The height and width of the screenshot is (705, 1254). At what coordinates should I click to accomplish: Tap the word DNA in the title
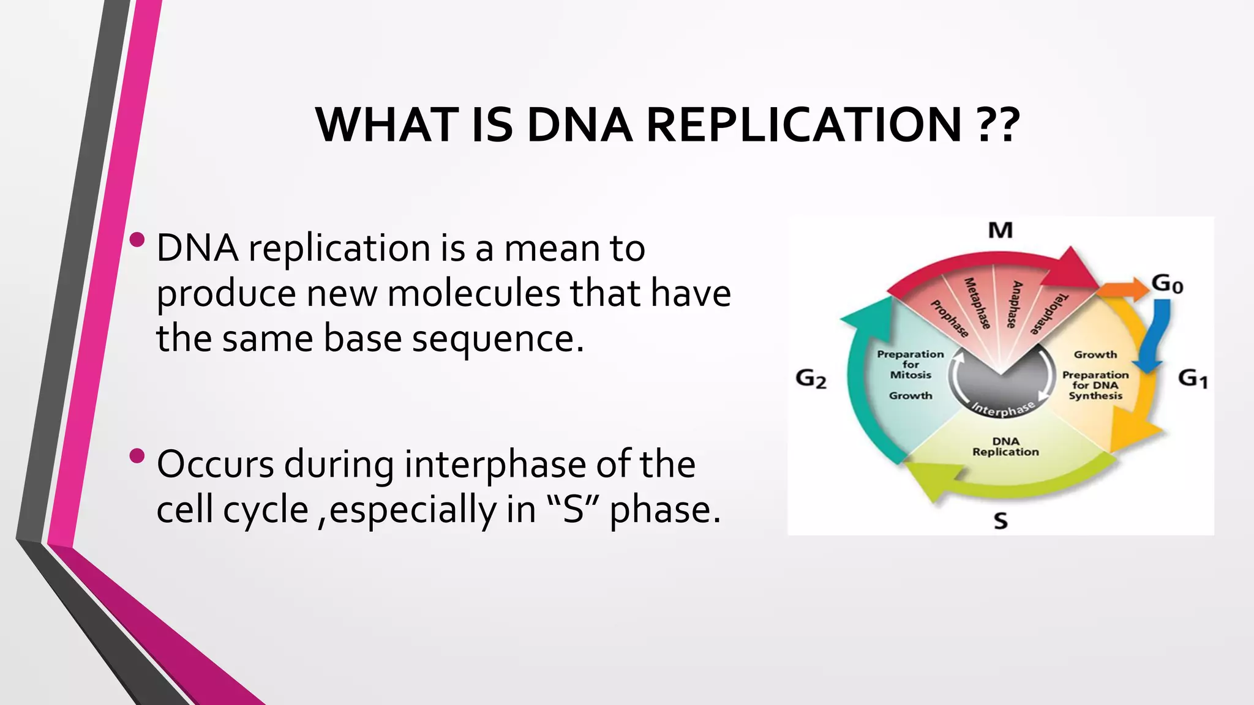[579, 125]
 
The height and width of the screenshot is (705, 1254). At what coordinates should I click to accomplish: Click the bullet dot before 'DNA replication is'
[138, 240]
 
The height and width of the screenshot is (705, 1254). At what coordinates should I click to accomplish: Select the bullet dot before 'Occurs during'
[138, 456]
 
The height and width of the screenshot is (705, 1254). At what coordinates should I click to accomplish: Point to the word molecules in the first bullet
[473, 293]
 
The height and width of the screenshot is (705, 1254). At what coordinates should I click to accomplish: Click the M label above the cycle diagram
[1001, 231]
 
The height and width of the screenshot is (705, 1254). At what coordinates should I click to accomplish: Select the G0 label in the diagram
[1167, 285]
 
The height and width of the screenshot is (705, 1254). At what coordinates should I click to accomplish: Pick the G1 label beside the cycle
[1193, 378]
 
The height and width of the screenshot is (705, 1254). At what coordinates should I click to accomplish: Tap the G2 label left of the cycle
[811, 379]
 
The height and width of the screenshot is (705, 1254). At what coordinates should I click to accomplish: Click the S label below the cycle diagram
[1001, 521]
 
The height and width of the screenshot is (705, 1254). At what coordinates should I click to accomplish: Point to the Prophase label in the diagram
[950, 319]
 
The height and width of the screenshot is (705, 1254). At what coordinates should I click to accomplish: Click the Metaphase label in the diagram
[977, 304]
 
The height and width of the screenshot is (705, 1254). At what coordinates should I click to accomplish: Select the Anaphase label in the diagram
[1013, 304]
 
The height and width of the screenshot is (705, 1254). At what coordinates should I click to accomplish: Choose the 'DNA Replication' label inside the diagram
[1005, 447]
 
